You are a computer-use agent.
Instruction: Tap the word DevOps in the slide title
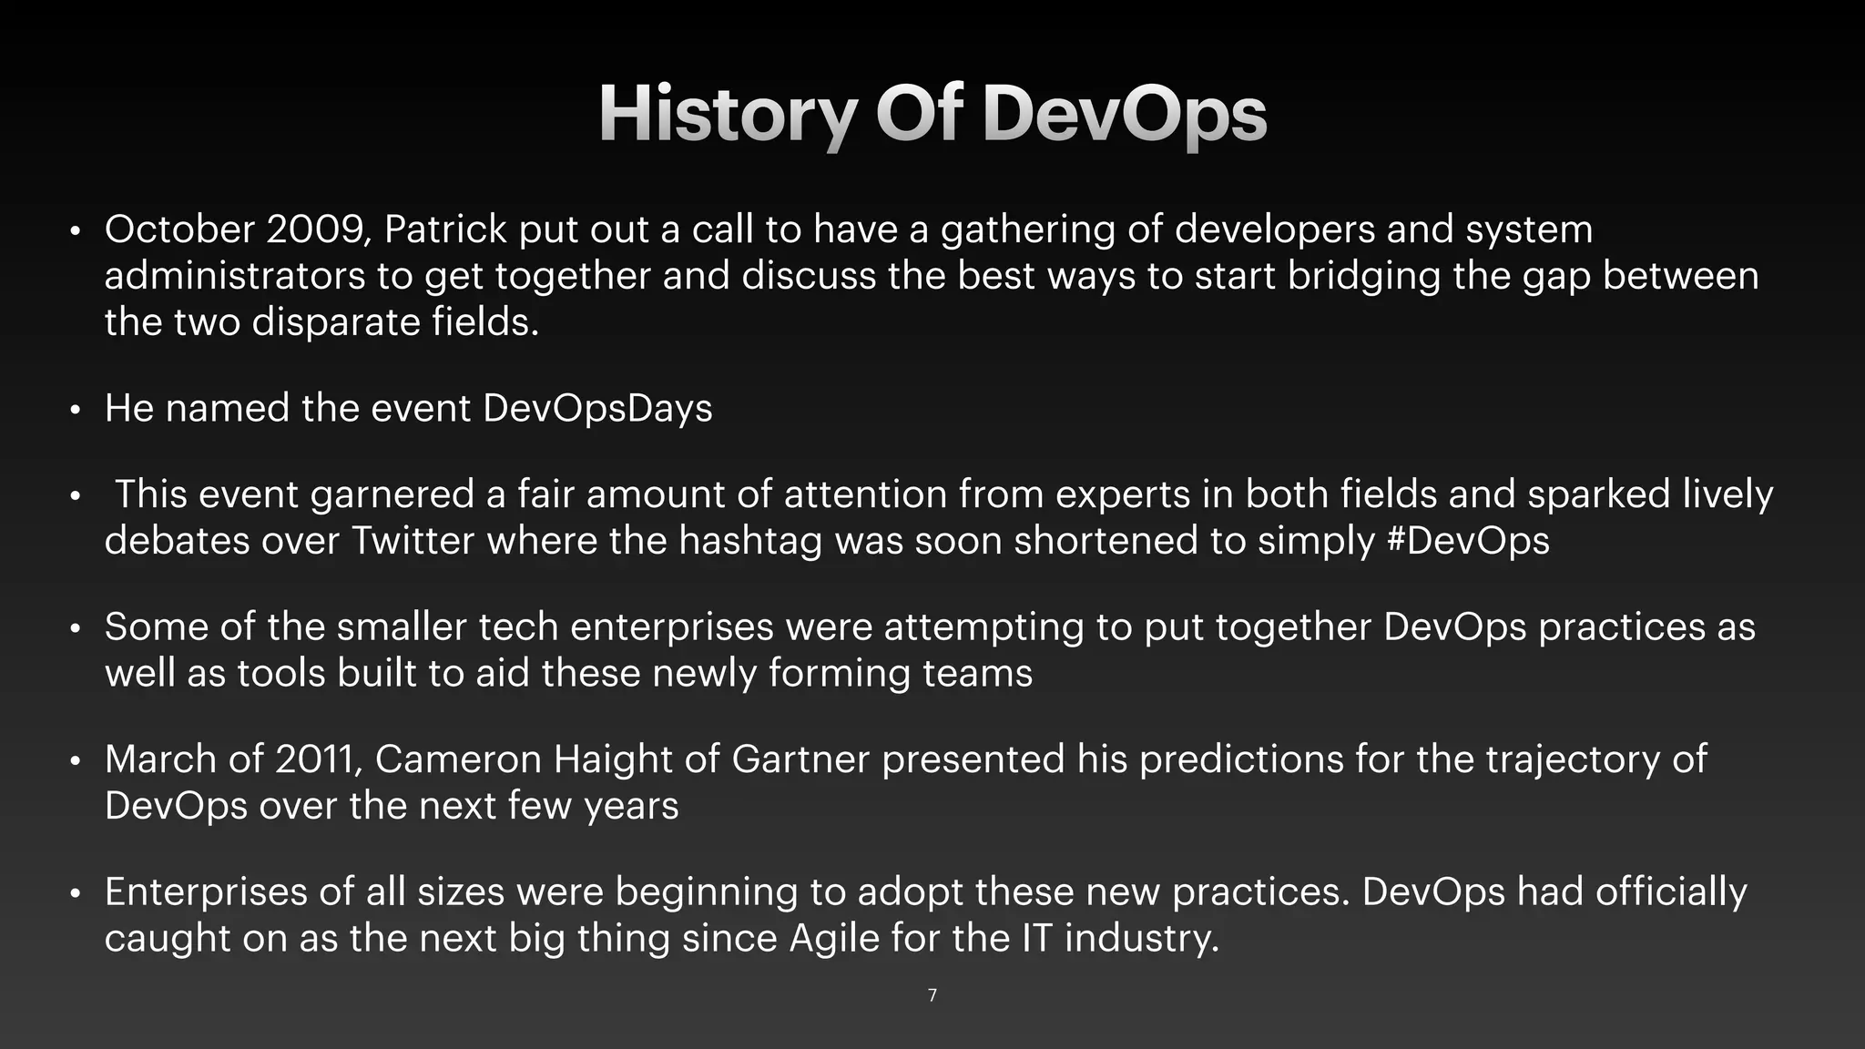coord(1124,115)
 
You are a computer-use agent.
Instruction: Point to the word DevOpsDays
coord(597,409)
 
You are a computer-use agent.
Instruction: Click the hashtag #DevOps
coord(1467,541)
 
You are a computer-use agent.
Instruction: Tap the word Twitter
coord(413,541)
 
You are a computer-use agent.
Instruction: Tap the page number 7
coord(932,995)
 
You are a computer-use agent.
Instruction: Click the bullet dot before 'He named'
coord(76,410)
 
